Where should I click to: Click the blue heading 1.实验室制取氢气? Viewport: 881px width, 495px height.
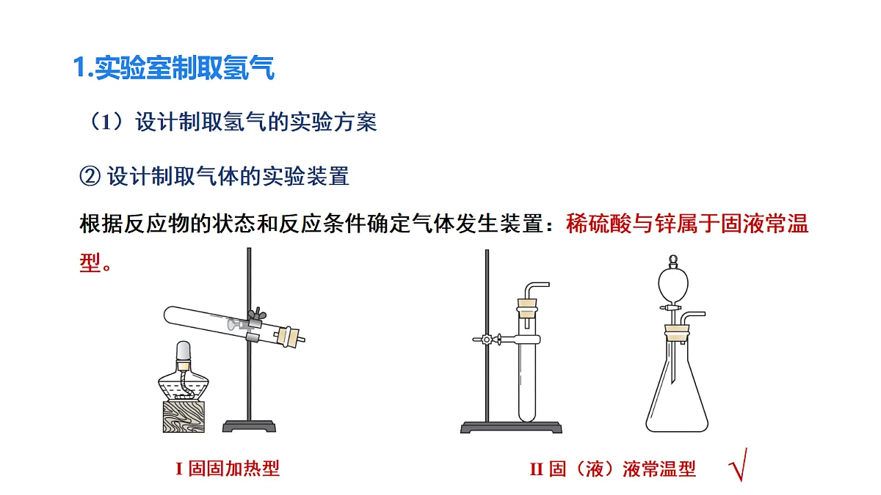click(173, 67)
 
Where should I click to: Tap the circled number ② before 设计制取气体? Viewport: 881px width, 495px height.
click(90, 176)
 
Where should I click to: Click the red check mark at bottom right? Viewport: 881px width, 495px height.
click(739, 465)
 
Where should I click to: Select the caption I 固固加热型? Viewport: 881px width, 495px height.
click(228, 469)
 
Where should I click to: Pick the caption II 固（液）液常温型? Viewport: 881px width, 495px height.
click(613, 469)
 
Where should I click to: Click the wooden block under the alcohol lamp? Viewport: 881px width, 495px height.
click(184, 417)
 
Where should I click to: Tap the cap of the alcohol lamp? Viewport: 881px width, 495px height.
click(184, 351)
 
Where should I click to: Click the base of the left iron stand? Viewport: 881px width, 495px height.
click(249, 426)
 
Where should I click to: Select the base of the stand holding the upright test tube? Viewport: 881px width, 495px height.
click(511, 428)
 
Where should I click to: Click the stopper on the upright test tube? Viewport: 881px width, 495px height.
click(527, 308)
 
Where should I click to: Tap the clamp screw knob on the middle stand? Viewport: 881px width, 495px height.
click(487, 339)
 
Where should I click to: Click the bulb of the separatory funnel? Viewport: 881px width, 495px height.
click(673, 284)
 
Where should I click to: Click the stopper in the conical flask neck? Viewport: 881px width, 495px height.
click(677, 332)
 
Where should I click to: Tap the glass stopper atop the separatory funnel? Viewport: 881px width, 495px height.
click(673, 261)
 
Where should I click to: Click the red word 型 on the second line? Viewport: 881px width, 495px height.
click(90, 263)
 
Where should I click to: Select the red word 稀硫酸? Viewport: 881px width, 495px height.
click(598, 224)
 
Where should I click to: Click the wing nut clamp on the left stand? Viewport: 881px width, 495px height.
click(257, 315)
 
